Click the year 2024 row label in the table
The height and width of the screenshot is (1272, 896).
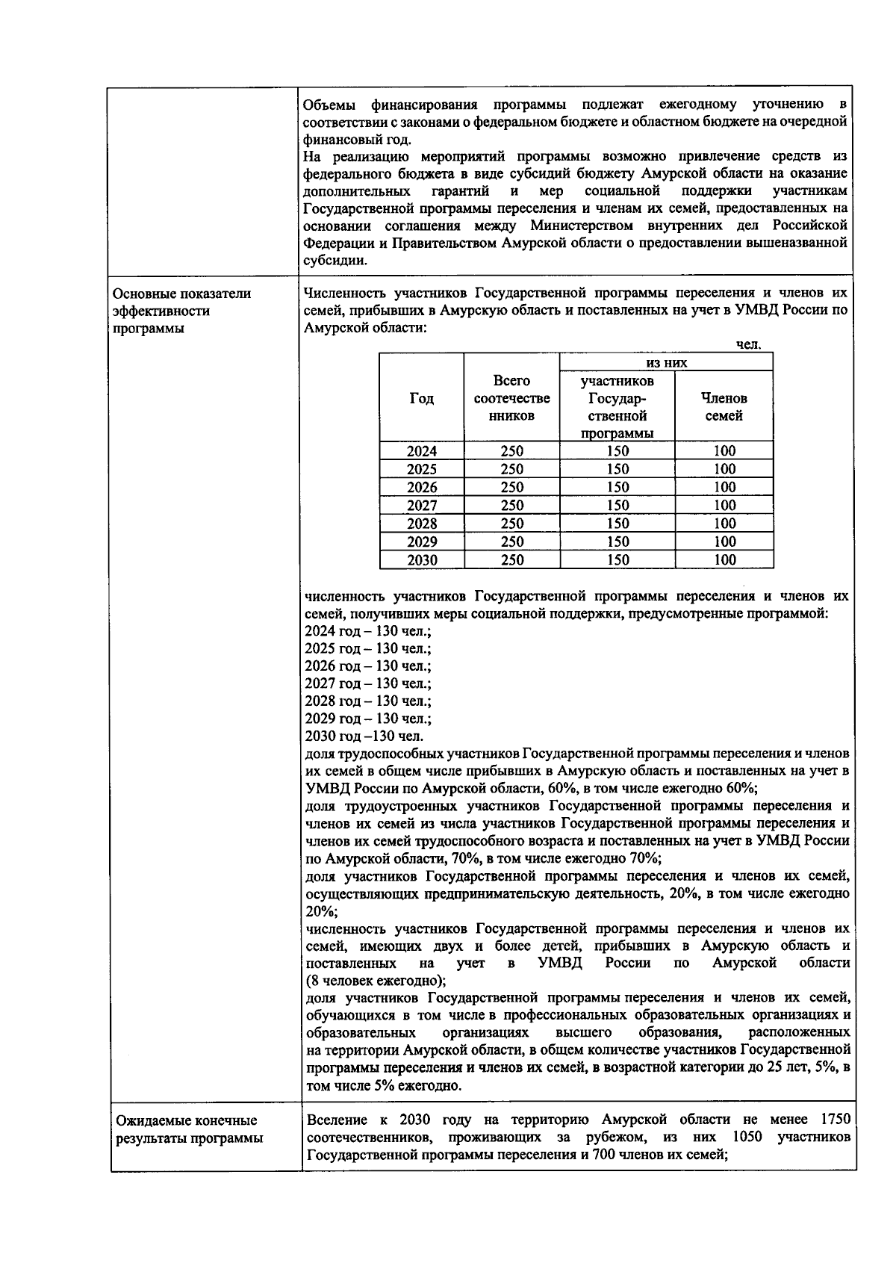pyautogui.click(x=422, y=451)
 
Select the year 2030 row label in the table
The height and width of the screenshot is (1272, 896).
pyautogui.click(x=422, y=560)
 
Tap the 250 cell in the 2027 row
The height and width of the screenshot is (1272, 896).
pyautogui.click(x=511, y=506)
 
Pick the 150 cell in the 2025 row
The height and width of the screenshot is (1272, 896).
pyautogui.click(x=617, y=470)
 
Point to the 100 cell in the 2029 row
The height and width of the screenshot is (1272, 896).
pyautogui.click(x=724, y=542)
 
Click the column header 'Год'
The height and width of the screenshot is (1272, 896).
pyautogui.click(x=422, y=399)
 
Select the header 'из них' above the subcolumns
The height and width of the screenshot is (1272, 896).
pyautogui.click(x=666, y=363)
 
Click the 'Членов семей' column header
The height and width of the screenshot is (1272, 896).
pyautogui.click(x=724, y=407)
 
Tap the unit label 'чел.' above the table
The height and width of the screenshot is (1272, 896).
pyautogui.click(x=748, y=345)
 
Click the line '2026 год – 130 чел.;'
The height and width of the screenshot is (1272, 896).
pyautogui.click(x=367, y=666)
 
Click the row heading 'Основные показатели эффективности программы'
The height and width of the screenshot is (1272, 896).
pyautogui.click(x=181, y=311)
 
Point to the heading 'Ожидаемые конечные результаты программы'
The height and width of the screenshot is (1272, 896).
pyautogui.click(x=187, y=1129)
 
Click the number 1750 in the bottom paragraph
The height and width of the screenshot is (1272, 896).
pyautogui.click(x=835, y=1120)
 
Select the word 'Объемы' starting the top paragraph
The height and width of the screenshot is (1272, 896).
pyautogui.click(x=329, y=104)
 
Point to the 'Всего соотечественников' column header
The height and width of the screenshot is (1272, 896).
pyautogui.click(x=511, y=399)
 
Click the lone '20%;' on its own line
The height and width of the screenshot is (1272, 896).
pyautogui.click(x=321, y=911)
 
